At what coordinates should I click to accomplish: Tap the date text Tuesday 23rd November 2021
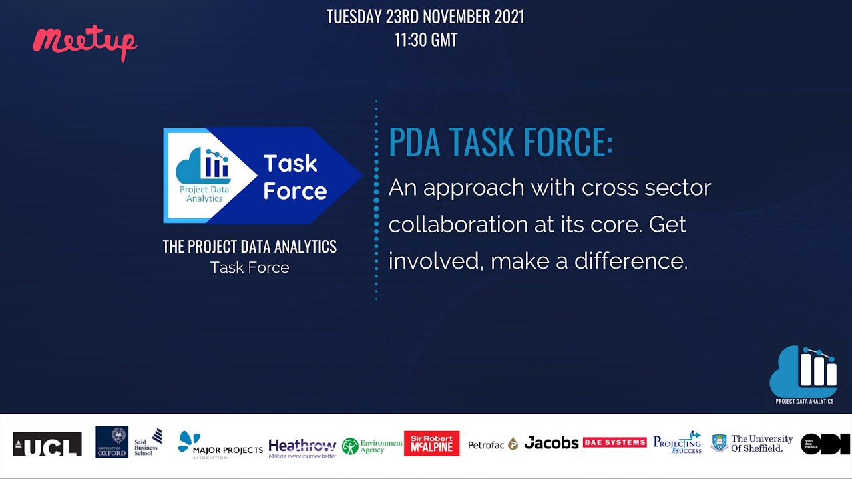[x=425, y=17]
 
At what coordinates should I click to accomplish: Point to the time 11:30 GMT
[x=425, y=40]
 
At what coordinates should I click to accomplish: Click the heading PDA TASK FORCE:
[x=501, y=142]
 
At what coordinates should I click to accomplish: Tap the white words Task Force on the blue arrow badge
[x=295, y=177]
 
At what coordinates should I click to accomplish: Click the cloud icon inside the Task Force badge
[x=204, y=166]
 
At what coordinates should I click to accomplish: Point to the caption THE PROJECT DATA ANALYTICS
[x=250, y=247]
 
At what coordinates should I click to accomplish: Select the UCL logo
[x=47, y=444]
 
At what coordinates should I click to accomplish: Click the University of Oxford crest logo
[x=112, y=442]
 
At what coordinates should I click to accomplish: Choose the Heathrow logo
[x=302, y=447]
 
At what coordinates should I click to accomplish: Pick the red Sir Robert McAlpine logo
[x=431, y=444]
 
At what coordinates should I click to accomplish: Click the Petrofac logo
[x=493, y=444]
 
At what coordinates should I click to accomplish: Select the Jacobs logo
[x=551, y=443]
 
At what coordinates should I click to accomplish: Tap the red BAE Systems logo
[x=614, y=442]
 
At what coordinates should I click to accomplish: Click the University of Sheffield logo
[x=752, y=443]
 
